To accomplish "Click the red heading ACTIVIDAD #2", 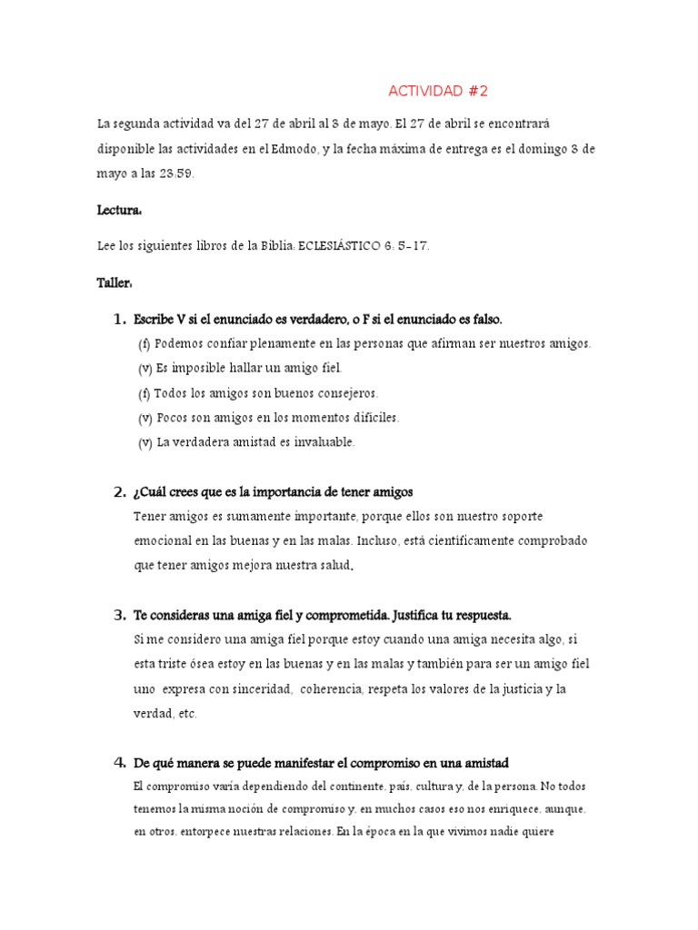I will [x=438, y=91].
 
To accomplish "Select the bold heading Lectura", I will [x=119, y=209].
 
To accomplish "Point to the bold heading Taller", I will [x=115, y=283].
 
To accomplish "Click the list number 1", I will [x=119, y=320].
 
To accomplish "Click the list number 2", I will [x=119, y=492].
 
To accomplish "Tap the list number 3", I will [x=119, y=615].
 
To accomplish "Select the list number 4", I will [x=119, y=761].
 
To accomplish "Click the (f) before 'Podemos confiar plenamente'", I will [x=145, y=344].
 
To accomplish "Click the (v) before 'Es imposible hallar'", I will [x=145, y=369].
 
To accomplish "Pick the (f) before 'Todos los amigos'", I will [x=145, y=393].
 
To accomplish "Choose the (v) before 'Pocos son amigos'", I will [x=145, y=418].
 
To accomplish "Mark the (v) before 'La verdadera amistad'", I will [x=145, y=442].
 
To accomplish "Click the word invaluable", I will [x=323, y=442].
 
